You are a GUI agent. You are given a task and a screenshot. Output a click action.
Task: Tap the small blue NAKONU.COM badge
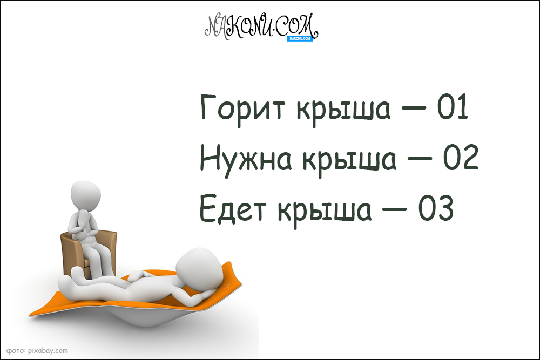coord(301,38)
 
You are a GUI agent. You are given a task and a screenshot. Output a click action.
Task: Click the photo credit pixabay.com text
coord(37,350)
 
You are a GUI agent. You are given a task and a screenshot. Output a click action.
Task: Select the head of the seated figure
coord(85,195)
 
